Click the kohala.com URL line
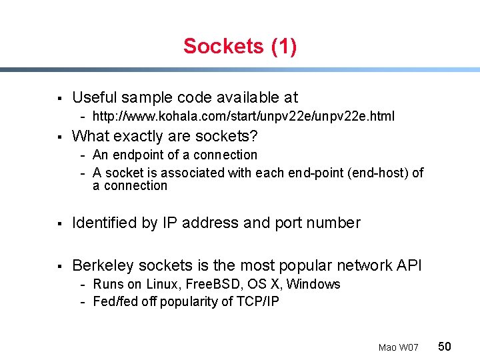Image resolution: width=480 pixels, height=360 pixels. click(x=243, y=116)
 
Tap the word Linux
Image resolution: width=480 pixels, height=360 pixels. click(x=165, y=284)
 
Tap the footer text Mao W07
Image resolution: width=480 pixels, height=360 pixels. click(x=398, y=347)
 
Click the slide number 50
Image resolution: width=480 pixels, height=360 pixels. click(x=445, y=346)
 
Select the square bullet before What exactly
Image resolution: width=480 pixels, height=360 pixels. click(x=61, y=137)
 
